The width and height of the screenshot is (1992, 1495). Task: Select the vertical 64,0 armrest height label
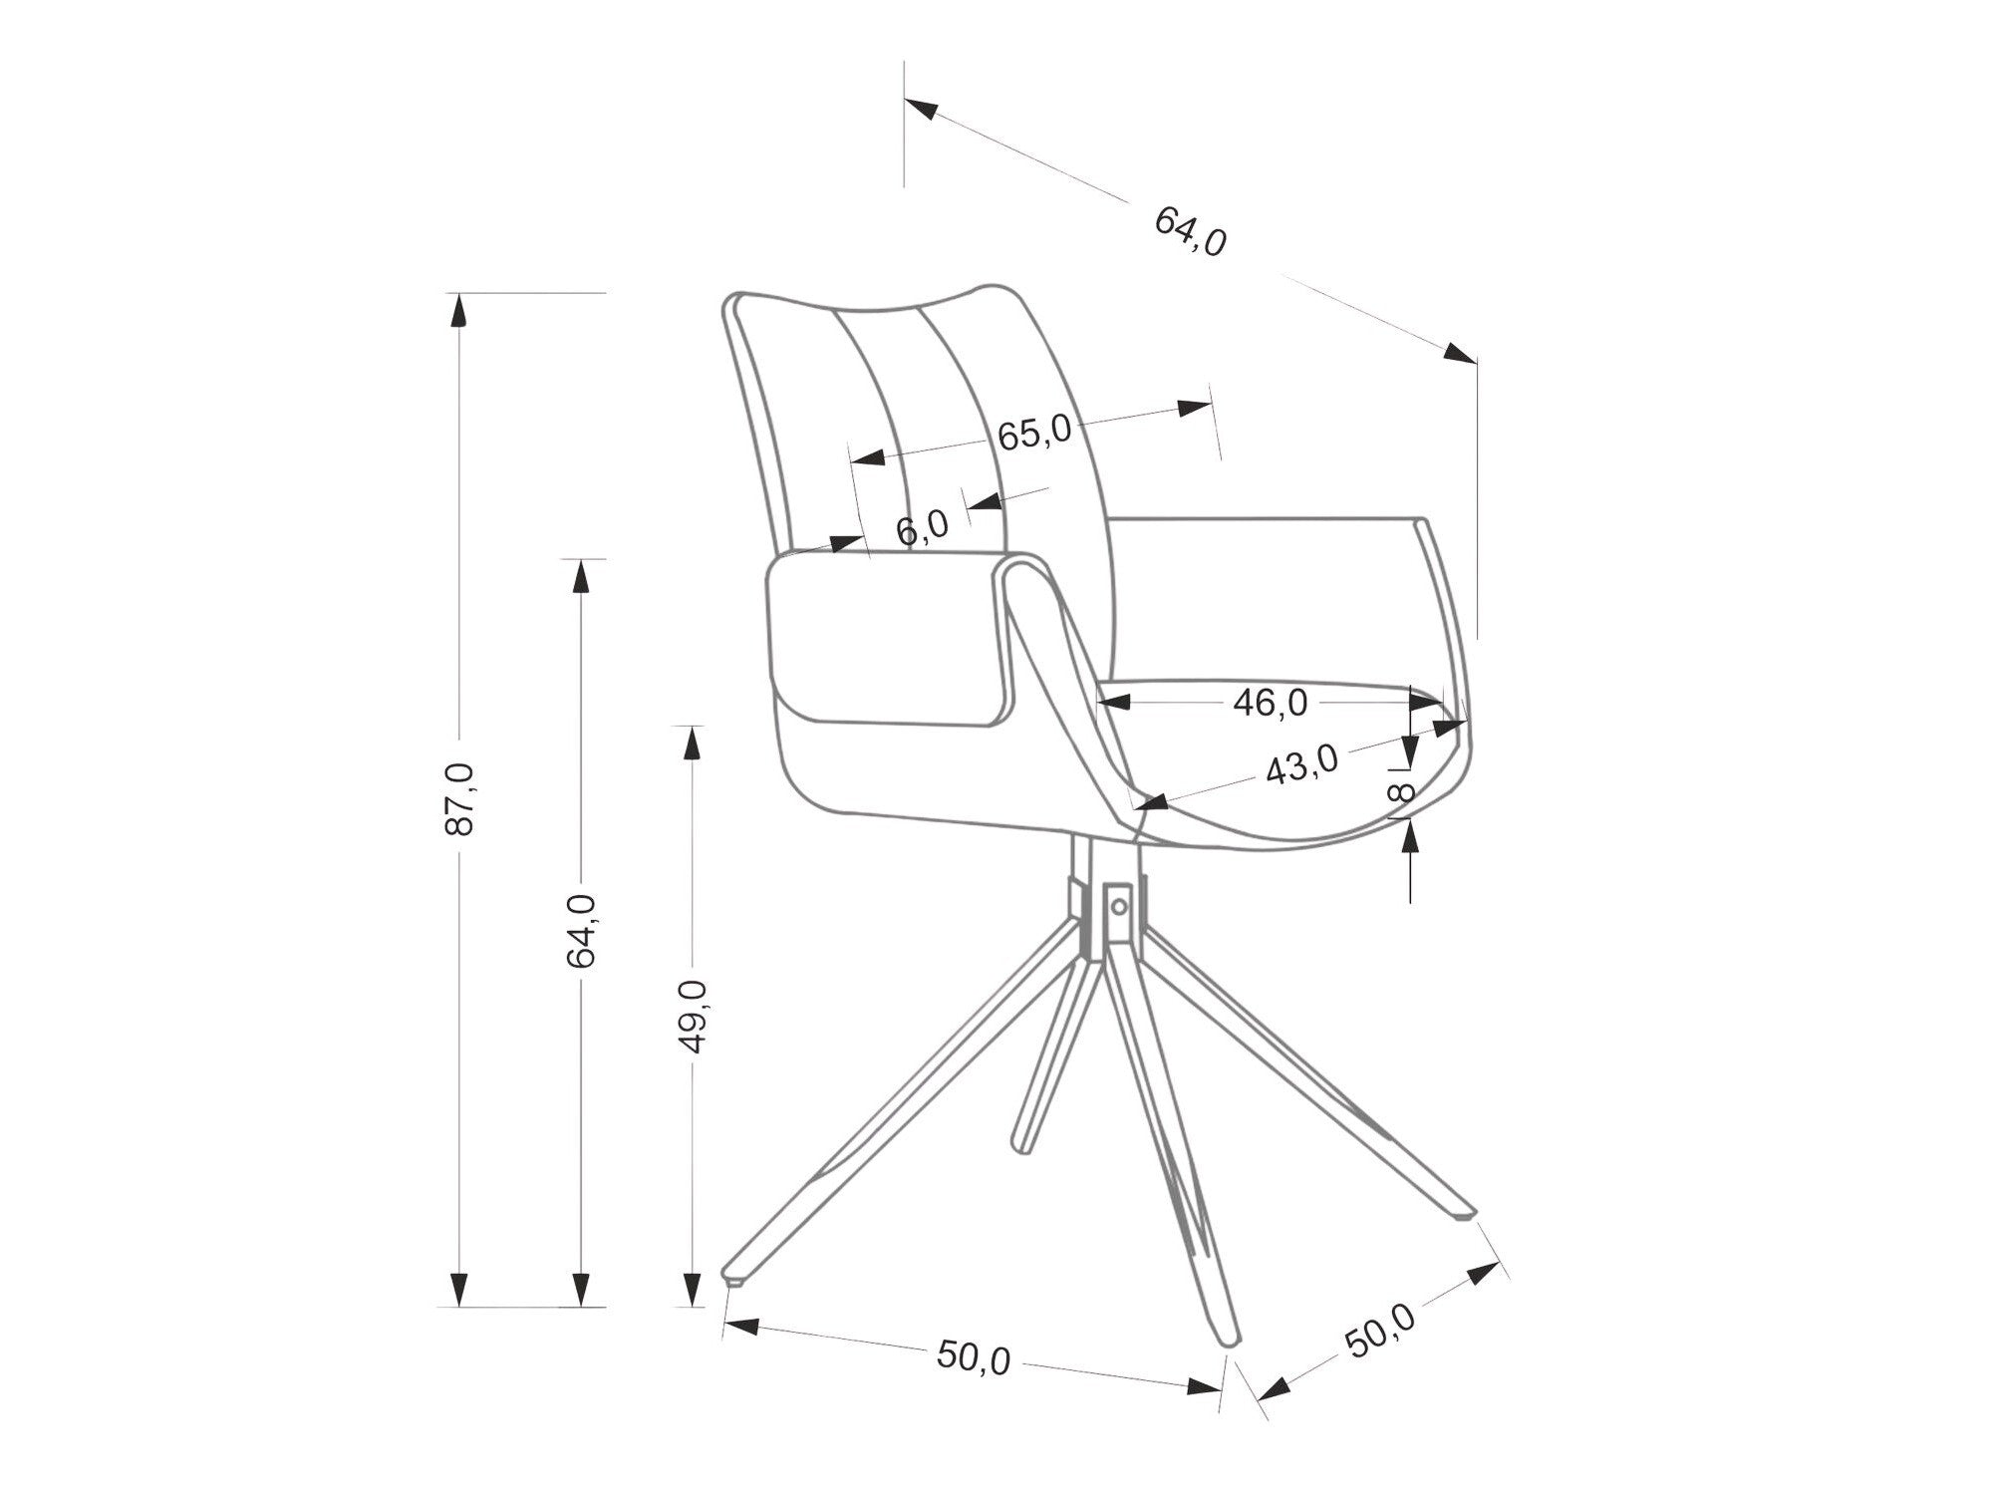click(x=580, y=931)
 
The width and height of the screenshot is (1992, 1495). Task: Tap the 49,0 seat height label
click(x=692, y=1016)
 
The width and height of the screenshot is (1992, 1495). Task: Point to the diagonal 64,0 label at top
click(x=1190, y=231)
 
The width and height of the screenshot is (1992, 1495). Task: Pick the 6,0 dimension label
click(x=922, y=527)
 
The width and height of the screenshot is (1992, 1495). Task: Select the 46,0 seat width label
click(x=1270, y=703)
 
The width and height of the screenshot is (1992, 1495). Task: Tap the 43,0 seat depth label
click(x=1301, y=765)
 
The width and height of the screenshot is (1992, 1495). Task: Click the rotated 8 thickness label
click(x=1401, y=792)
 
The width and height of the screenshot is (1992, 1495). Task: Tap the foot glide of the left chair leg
click(x=735, y=1278)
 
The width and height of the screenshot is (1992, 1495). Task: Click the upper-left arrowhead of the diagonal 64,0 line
click(x=921, y=108)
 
